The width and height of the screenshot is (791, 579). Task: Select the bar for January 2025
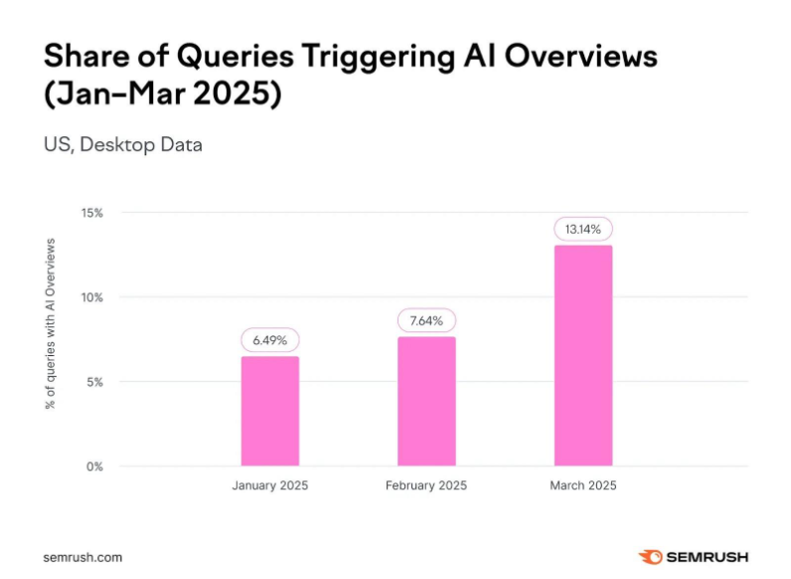(269, 411)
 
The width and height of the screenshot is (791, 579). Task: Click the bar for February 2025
(426, 401)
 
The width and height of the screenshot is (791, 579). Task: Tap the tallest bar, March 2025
(583, 355)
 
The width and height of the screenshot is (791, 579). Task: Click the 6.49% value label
(269, 340)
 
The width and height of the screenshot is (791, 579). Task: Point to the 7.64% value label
(426, 320)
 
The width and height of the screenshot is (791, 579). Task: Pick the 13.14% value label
(583, 229)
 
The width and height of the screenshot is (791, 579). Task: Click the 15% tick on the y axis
(92, 213)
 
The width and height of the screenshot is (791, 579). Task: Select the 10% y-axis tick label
(92, 297)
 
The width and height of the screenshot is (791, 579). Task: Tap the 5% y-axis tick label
(95, 382)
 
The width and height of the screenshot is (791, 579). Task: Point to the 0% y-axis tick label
(95, 466)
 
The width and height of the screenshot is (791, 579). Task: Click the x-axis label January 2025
(269, 486)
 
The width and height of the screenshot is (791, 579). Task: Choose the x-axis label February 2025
(426, 486)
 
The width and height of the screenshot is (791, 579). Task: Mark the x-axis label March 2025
(583, 486)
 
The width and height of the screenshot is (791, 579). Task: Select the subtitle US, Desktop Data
(122, 145)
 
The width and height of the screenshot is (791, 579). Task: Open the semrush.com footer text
(82, 557)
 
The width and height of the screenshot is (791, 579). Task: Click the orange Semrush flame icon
(649, 557)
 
